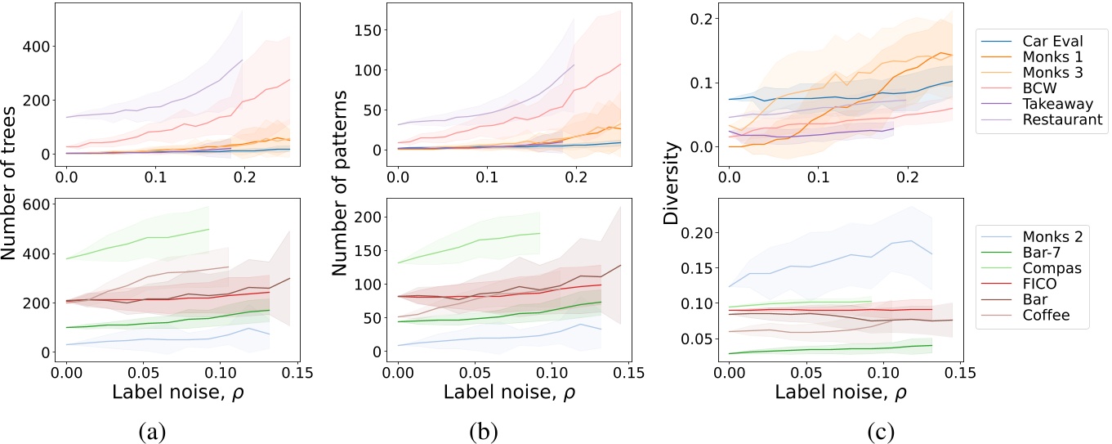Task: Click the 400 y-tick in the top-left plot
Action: point(41,46)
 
